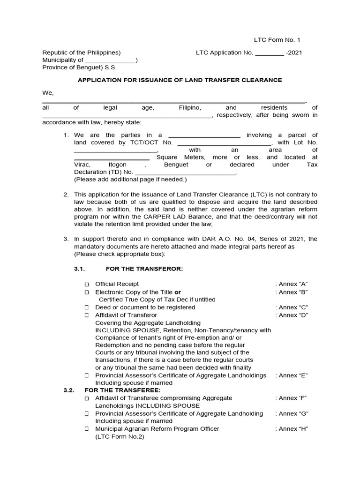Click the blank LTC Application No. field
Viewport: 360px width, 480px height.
270,53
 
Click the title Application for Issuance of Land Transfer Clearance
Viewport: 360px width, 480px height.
180,80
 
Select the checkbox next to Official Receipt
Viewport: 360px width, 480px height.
87,285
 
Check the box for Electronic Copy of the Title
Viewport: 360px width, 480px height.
87,292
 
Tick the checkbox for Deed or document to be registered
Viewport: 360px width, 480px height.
87,307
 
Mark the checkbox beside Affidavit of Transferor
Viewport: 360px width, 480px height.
87,315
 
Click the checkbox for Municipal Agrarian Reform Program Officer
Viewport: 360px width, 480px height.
87,429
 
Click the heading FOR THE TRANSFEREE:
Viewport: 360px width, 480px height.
122,390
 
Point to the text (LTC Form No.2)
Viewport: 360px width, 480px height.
120,437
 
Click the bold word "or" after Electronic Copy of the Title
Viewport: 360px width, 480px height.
178,292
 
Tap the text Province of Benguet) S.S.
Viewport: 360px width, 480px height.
79,67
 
